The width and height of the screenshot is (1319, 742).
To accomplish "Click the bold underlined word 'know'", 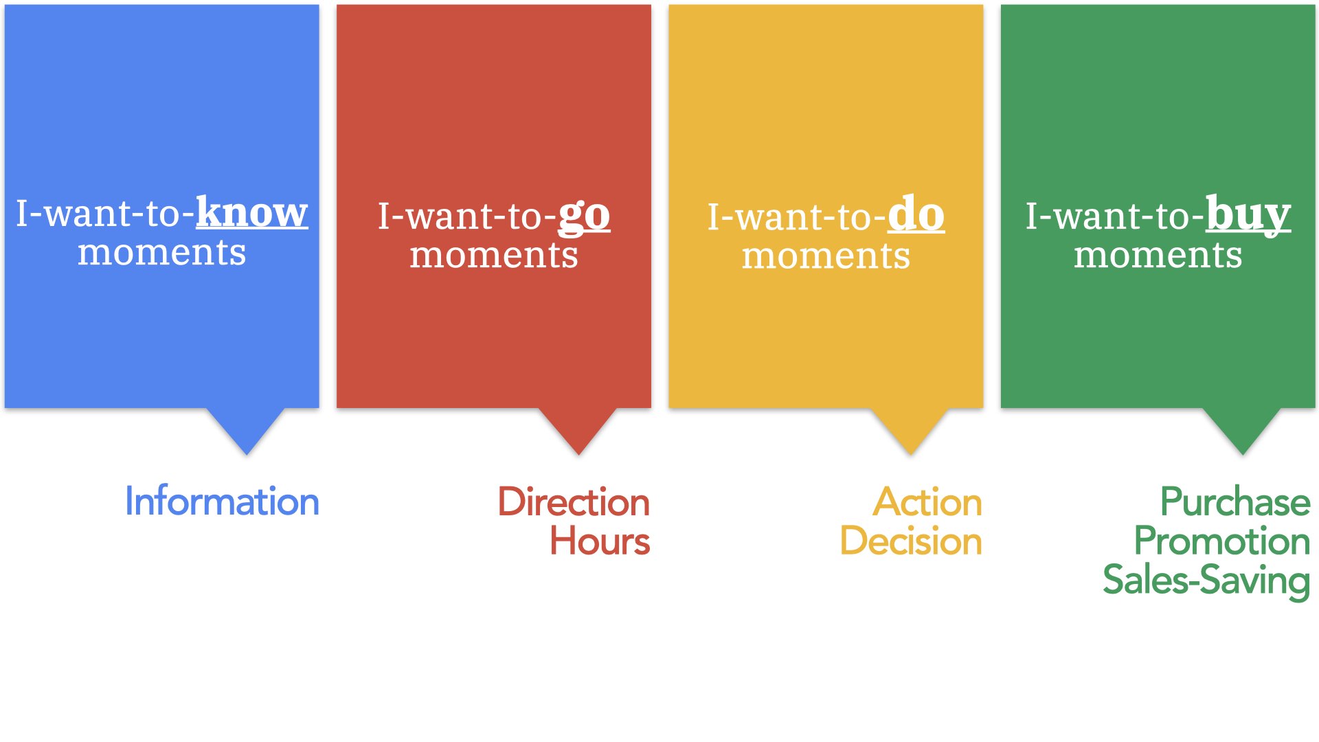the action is (x=252, y=212).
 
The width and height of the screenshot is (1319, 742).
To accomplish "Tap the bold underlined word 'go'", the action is (x=584, y=218).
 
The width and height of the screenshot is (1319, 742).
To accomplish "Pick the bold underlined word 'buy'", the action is (x=1248, y=216).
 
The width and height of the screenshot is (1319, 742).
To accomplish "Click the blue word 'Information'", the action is (x=222, y=501).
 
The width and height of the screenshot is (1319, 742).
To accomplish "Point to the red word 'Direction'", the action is (x=574, y=502).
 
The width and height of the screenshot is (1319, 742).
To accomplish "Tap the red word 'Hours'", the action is (x=600, y=541).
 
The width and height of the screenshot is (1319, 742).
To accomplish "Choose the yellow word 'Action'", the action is (x=927, y=502).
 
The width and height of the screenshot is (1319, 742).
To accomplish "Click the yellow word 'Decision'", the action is (x=911, y=541).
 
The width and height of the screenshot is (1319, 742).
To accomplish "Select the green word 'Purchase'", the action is (x=1235, y=502).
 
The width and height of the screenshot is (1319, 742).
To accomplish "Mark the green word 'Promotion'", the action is (x=1222, y=541).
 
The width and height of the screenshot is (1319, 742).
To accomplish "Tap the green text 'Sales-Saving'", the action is (x=1206, y=581).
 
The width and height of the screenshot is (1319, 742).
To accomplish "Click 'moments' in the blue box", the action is (x=162, y=253).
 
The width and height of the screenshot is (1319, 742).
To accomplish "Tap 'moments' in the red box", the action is (x=494, y=256).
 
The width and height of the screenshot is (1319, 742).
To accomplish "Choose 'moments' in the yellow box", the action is (x=826, y=257).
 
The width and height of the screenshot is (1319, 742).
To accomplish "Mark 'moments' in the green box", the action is (x=1158, y=256).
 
